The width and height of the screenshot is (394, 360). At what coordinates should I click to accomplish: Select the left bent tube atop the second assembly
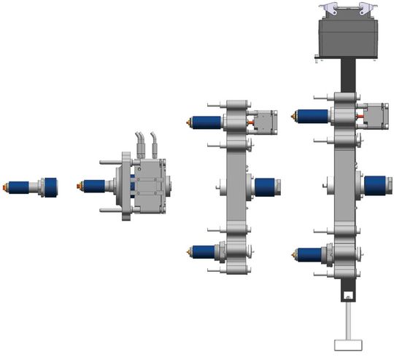click(139, 143)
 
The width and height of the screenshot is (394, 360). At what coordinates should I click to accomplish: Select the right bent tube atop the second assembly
click(154, 143)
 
